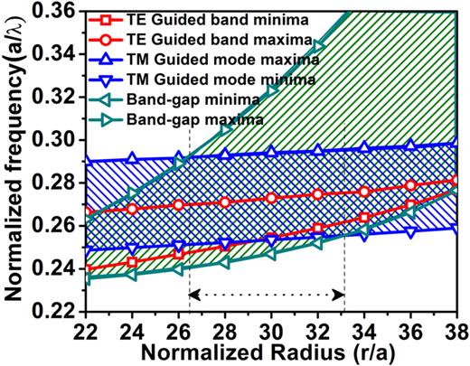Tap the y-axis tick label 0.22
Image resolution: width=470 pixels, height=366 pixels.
pyautogui.click(x=59, y=311)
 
